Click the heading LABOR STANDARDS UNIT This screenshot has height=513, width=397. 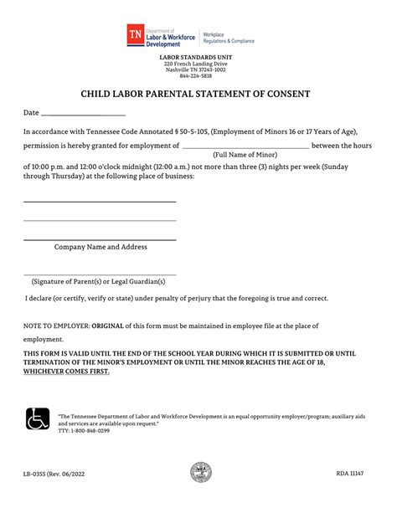[198, 57]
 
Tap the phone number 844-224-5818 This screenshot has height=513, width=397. [198, 76]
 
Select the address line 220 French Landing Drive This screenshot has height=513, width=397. [198, 64]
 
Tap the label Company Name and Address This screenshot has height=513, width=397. [101, 247]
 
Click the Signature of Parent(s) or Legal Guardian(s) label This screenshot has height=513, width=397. [100, 281]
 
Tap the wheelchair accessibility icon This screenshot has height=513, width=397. [38, 416]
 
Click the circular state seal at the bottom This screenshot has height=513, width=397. [201, 473]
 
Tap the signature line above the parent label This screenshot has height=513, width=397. [100, 274]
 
